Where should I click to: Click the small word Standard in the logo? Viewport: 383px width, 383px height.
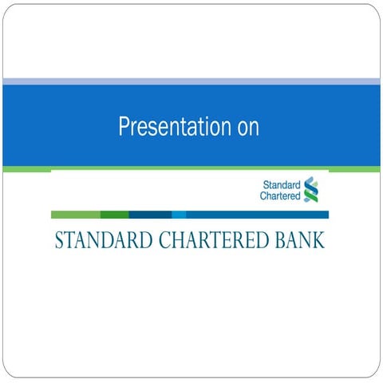point(281,184)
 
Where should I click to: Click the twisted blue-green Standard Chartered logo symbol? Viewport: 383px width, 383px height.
point(310,189)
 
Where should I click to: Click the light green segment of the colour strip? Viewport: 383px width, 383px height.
point(75,215)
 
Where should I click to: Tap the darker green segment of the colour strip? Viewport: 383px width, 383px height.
point(114,215)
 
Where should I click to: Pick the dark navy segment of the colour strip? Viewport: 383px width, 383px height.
point(150,215)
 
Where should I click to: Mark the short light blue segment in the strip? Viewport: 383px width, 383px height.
point(179,215)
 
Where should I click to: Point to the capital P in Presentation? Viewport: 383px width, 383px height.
point(124,127)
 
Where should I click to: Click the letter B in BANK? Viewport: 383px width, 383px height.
point(280,241)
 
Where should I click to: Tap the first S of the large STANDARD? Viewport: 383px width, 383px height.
point(59,241)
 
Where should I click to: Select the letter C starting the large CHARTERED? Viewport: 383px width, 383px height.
point(155,241)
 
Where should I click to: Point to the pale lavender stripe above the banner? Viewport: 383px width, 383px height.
point(191,81)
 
